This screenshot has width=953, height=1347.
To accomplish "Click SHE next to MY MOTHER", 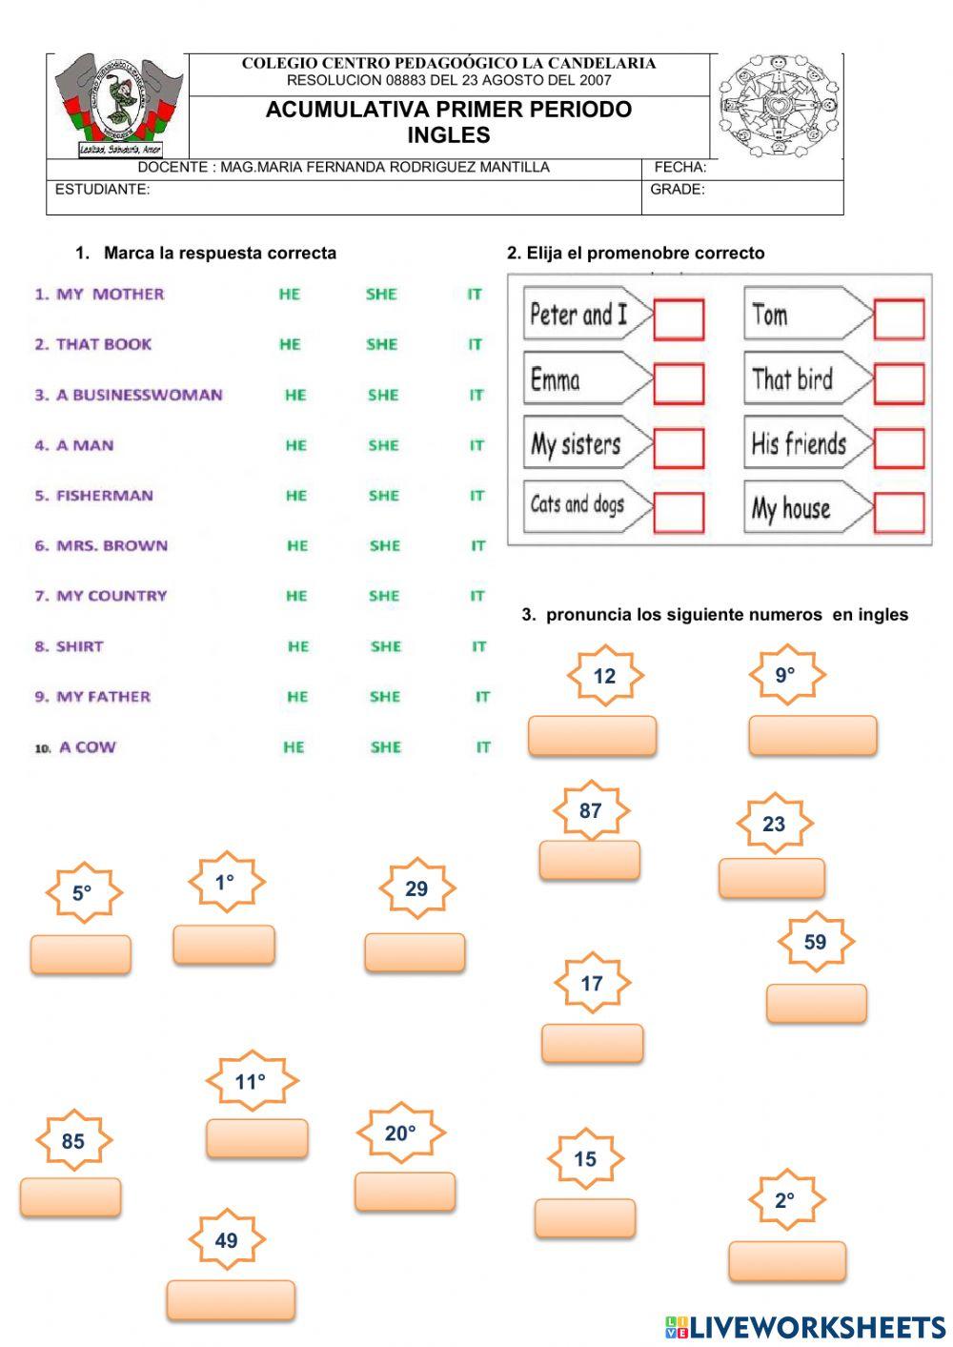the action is (x=381, y=295).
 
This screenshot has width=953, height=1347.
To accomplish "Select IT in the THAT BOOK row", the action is (x=475, y=345).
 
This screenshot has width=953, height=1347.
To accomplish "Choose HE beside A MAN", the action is (x=295, y=445).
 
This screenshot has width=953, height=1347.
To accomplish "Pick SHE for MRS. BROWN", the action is (x=385, y=546).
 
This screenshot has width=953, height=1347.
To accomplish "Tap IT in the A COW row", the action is (x=483, y=747).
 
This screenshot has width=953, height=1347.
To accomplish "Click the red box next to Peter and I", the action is (x=679, y=320).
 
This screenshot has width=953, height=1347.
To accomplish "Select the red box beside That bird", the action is (x=899, y=384).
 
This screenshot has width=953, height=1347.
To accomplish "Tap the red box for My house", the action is (x=899, y=513).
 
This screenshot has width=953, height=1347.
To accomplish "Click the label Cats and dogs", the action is (x=578, y=505).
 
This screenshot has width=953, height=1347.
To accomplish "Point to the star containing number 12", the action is (x=605, y=676).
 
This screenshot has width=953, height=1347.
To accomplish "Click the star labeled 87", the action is (x=591, y=811).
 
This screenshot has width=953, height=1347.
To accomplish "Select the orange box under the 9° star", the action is (x=812, y=735).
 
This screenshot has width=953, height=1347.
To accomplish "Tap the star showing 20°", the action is (x=400, y=1133).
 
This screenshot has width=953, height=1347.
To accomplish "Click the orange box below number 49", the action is (x=231, y=1299).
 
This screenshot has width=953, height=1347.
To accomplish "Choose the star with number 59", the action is (x=815, y=943).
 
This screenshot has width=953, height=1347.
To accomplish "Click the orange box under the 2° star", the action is (x=787, y=1260).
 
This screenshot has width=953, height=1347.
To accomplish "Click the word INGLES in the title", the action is (x=448, y=135).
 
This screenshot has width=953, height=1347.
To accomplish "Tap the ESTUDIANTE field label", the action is (x=102, y=190).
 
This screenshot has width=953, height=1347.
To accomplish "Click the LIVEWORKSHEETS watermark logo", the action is (x=805, y=1327).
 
